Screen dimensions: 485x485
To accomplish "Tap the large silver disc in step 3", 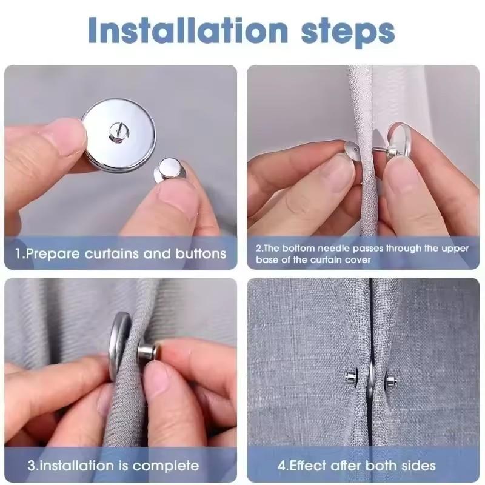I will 119,346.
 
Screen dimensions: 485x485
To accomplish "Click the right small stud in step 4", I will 390,381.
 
